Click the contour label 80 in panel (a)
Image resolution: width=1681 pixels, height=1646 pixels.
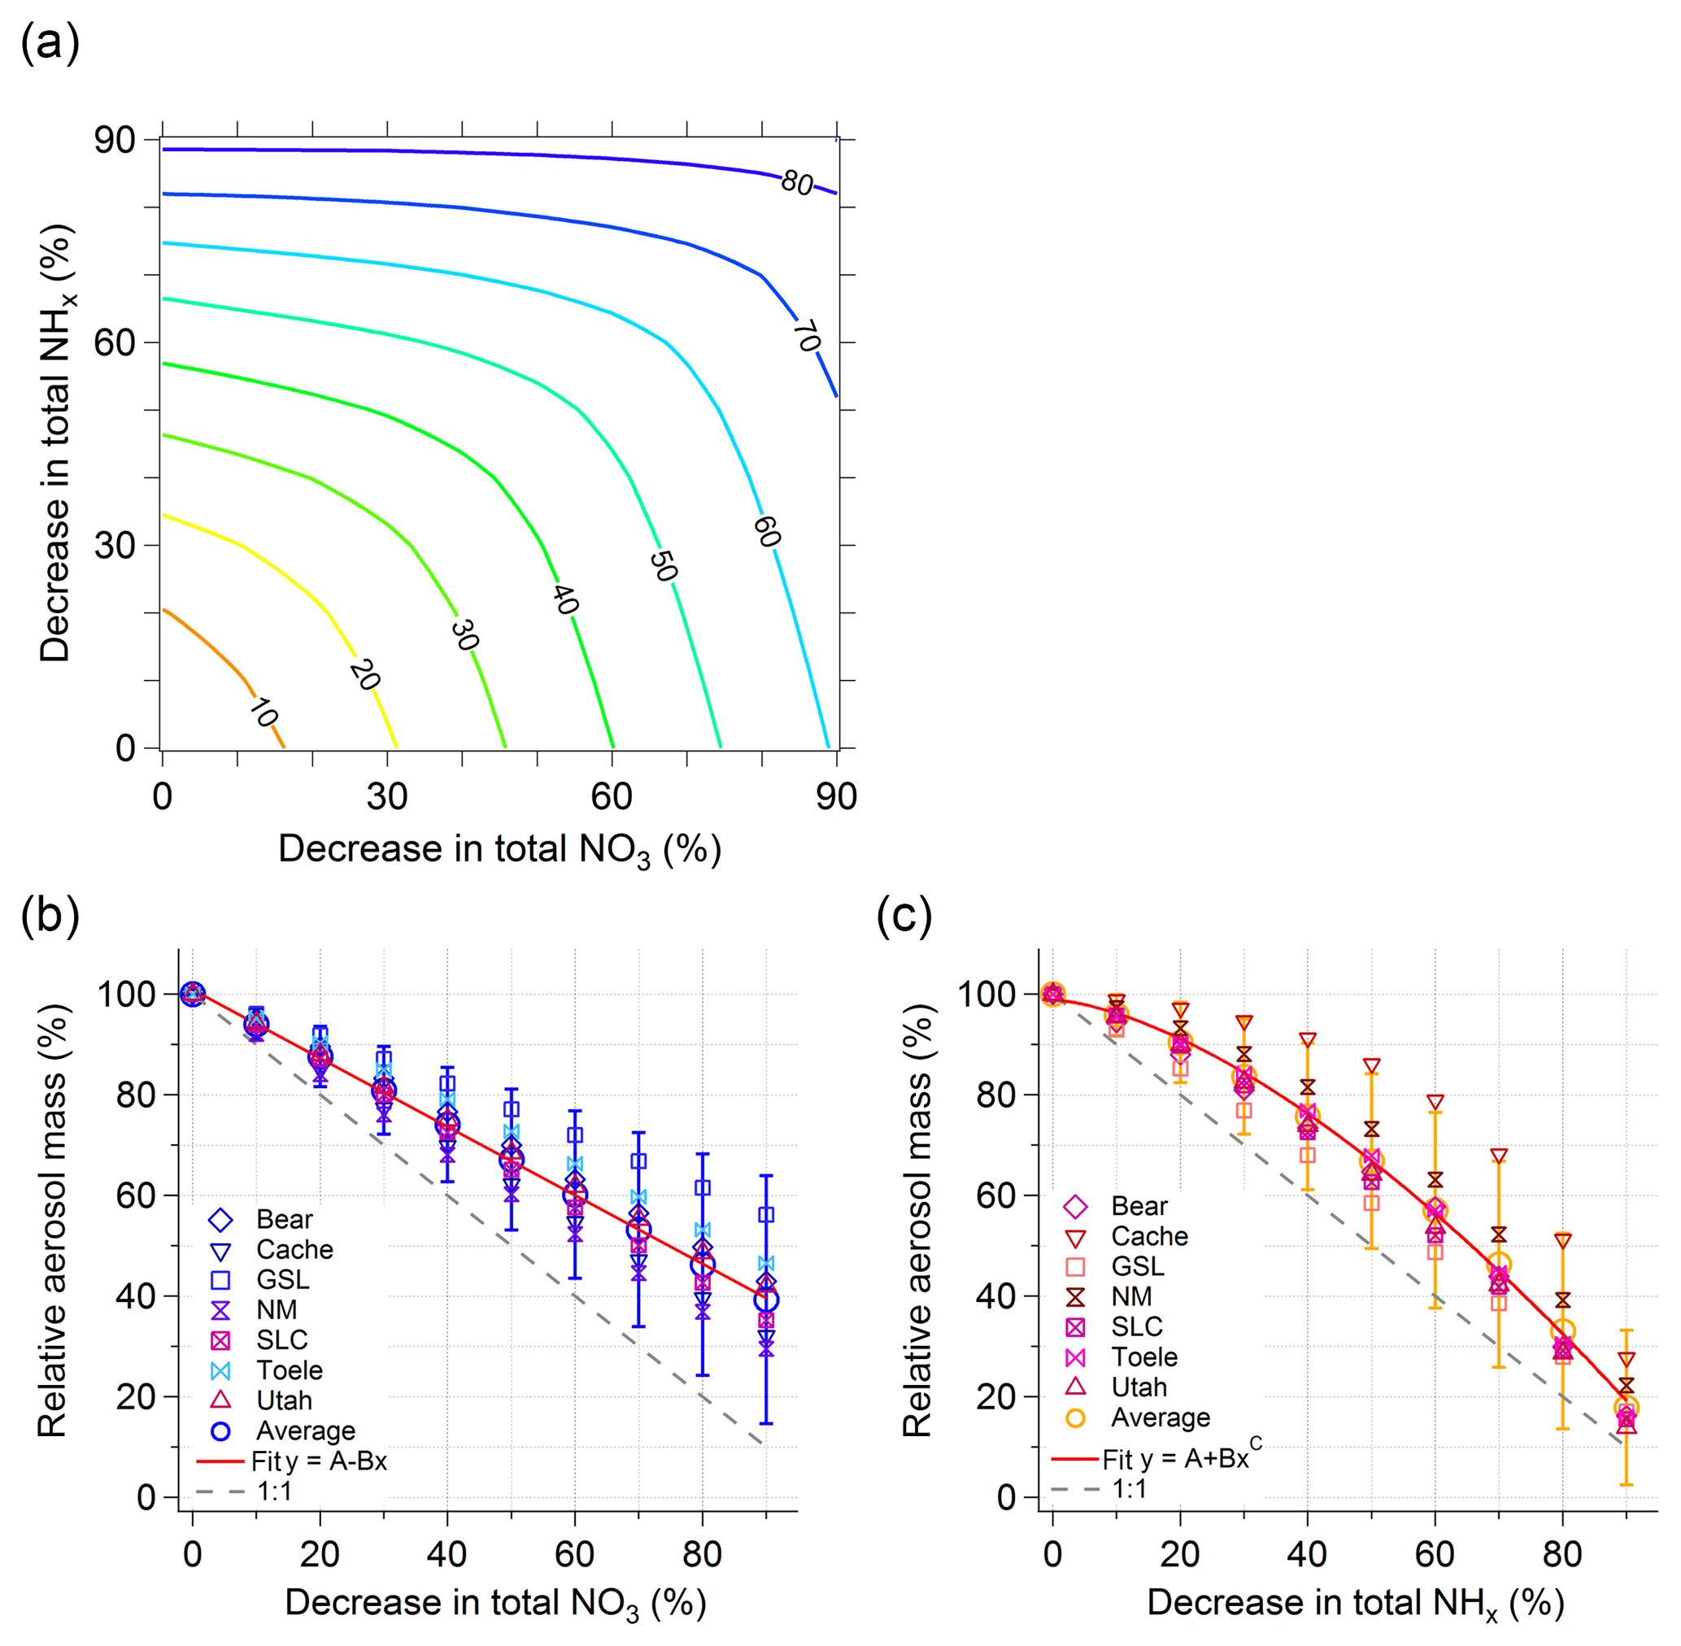[796, 182]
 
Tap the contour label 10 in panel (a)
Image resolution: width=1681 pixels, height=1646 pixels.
[263, 713]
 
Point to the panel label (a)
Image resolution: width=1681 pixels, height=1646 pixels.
[50, 41]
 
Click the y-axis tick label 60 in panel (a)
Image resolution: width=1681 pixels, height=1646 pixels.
[114, 343]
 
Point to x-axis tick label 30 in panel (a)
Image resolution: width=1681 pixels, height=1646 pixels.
[386, 796]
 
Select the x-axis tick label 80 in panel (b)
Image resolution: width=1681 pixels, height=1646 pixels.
[701, 1553]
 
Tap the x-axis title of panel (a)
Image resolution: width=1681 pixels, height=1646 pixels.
[499, 850]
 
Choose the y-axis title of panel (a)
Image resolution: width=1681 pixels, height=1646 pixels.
[56, 442]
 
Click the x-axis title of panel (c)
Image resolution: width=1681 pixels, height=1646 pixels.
[1355, 1604]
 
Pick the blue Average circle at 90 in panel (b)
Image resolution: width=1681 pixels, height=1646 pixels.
[765, 1300]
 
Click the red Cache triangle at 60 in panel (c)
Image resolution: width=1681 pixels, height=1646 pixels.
[1435, 1102]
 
